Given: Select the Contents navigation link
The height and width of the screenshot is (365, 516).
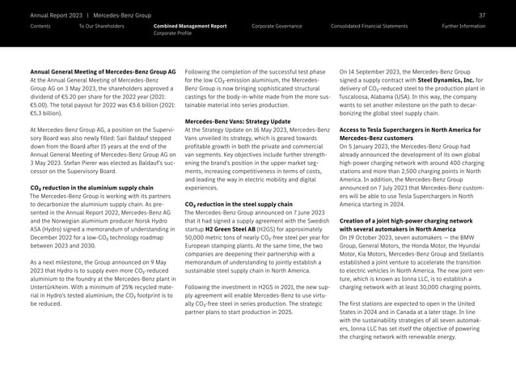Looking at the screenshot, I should pyautogui.click(x=40, y=27).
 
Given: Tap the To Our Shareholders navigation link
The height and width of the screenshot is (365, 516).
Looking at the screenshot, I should pyautogui.click(x=102, y=27).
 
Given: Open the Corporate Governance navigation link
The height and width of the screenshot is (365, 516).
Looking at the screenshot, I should pyautogui.click(x=277, y=27).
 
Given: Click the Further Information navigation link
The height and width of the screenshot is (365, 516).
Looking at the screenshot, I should pyautogui.click(x=464, y=27).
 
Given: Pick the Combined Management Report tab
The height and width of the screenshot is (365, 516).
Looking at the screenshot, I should pyautogui.click(x=190, y=27).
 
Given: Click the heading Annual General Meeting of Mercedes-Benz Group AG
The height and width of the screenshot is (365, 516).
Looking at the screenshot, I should pyautogui.click(x=102, y=73).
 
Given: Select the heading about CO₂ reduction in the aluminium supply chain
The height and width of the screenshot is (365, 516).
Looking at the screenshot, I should pyautogui.click(x=91, y=188).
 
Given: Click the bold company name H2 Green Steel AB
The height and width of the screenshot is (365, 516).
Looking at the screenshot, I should pyautogui.click(x=235, y=229).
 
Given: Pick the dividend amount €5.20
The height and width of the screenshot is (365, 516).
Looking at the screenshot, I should pyautogui.click(x=80, y=97).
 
